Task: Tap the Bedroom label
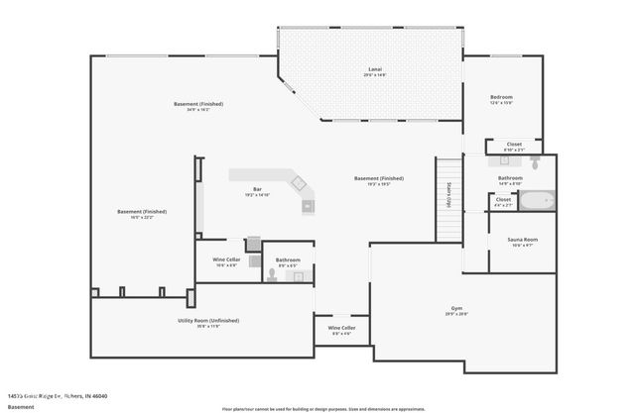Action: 501,97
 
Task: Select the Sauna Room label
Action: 523,240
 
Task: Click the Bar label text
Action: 257,189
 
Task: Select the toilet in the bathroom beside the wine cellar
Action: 271,276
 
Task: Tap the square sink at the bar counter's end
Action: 308,206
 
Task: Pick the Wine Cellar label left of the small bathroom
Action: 226,259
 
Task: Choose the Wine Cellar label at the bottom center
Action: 342,328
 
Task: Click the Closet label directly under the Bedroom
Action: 514,145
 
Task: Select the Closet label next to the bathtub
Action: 503,199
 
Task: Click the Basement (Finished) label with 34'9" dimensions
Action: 198,104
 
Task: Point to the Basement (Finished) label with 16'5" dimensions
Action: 142,212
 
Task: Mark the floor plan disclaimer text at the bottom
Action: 323,407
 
